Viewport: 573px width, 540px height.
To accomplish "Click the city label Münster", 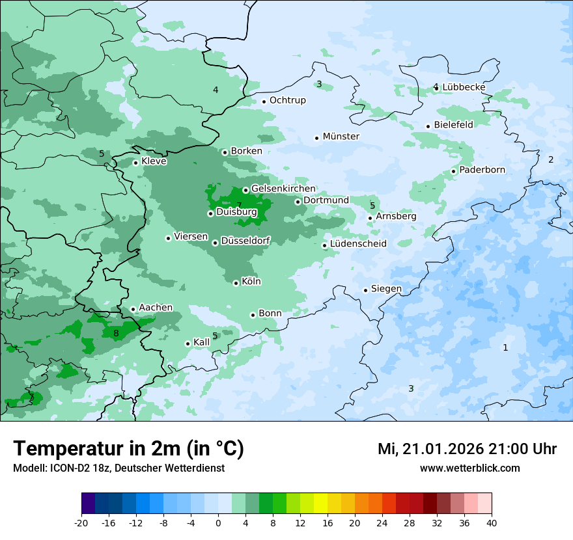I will point(341,137).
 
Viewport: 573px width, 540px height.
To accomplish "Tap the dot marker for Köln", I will point(236,283).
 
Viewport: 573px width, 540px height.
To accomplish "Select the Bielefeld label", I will point(453,125).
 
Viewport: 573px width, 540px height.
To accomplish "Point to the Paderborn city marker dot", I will point(454,172).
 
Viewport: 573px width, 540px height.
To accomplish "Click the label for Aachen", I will point(156,308).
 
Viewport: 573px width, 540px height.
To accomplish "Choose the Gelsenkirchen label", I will point(283,189).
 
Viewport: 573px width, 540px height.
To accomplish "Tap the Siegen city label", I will point(386,289).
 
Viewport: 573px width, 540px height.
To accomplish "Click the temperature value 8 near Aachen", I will point(116,334).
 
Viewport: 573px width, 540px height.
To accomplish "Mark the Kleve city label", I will point(154,161).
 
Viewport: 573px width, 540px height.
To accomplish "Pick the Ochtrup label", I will point(287,100).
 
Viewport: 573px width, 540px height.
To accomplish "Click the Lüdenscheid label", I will point(358,244).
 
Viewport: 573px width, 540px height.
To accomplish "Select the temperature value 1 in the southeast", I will point(505,347).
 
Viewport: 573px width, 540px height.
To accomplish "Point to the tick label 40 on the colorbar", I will point(492,522).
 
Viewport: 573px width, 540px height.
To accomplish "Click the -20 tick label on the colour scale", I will point(81,522).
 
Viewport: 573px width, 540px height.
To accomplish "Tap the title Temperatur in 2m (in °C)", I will point(128,449).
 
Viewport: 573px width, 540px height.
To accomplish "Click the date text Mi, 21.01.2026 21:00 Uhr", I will point(467,449).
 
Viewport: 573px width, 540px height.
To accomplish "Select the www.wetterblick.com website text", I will point(469,468).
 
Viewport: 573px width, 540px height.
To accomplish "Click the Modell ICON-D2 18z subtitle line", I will point(119,468).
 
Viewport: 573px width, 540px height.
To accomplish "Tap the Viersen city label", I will point(191,237).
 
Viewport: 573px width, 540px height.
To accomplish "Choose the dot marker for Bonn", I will point(253,315).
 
